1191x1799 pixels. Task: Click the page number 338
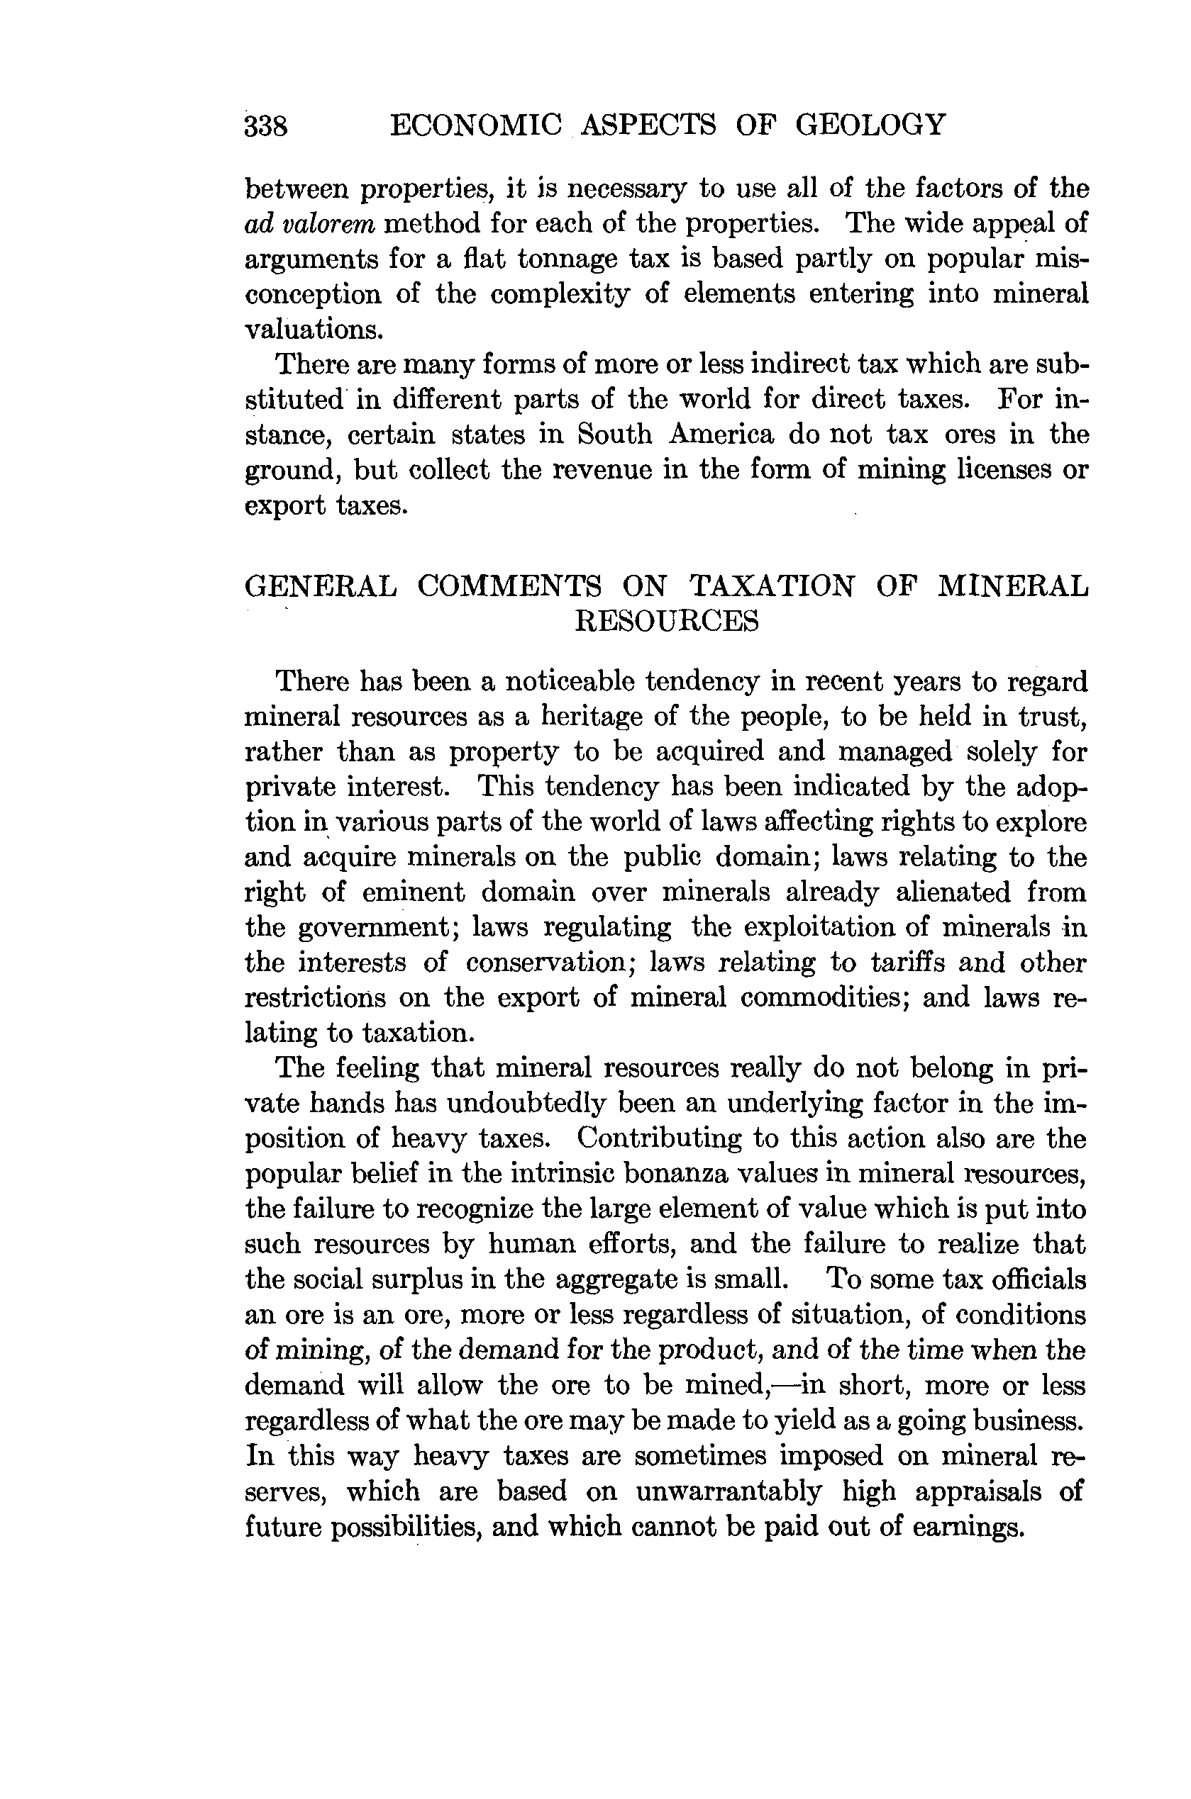(x=266, y=125)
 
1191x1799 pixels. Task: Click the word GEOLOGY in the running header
(x=870, y=124)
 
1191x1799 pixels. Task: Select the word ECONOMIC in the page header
(x=475, y=124)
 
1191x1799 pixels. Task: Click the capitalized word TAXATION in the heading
(x=772, y=587)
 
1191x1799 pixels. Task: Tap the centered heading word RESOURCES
(x=667, y=622)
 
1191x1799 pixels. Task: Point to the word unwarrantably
(x=729, y=1491)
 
